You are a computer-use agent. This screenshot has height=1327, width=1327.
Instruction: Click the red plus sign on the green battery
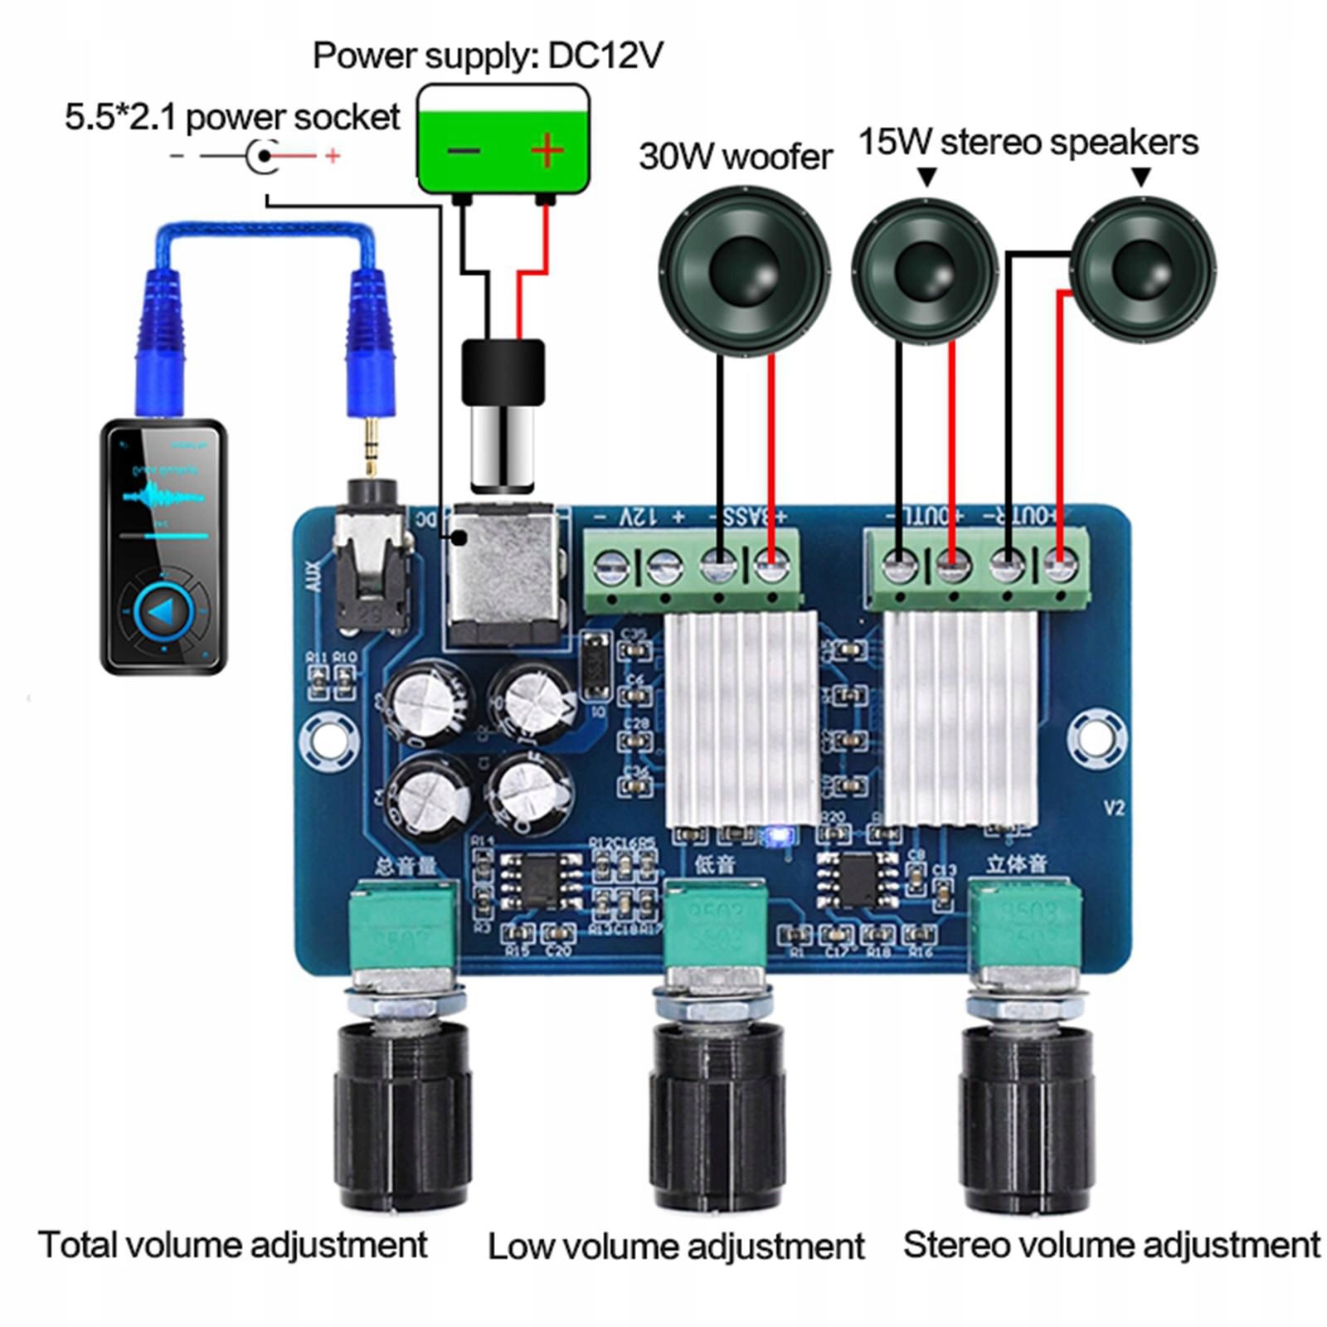tap(547, 151)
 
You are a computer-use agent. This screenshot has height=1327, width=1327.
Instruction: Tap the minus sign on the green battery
tap(464, 152)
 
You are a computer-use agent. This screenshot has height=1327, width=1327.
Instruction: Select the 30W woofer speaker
tap(744, 270)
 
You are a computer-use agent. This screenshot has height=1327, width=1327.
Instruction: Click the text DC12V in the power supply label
tap(605, 56)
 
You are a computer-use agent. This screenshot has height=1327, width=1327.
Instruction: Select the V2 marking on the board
tap(1114, 808)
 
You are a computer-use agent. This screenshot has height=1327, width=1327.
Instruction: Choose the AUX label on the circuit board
tap(314, 576)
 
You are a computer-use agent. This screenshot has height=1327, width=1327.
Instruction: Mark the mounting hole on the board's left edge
tap(328, 741)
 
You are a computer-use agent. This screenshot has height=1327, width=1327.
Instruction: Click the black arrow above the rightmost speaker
tap(1141, 177)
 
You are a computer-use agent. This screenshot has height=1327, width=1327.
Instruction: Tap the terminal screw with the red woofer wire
tap(771, 569)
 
